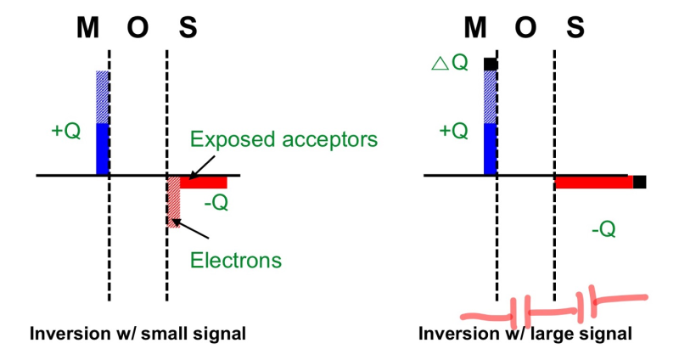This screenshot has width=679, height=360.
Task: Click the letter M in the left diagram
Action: point(88,29)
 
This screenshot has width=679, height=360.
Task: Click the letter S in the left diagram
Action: point(188,29)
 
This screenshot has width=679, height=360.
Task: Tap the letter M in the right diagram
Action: point(476,29)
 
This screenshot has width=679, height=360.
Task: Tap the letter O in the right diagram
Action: point(526,29)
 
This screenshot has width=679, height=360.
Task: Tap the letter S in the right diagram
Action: point(575,29)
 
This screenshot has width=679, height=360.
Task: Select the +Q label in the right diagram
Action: point(453,132)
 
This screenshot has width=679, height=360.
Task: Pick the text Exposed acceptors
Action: point(283,138)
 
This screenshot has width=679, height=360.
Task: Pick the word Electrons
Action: point(235,260)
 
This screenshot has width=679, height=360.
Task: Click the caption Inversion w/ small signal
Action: point(137,334)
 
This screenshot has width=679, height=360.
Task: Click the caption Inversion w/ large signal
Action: point(525,334)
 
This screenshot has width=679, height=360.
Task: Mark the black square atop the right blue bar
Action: point(490,64)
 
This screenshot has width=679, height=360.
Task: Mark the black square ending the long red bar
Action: point(640,182)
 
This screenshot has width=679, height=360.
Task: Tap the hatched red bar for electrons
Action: point(173,201)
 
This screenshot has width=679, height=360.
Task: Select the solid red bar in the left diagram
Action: point(204,182)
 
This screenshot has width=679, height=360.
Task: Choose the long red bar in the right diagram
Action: point(593,182)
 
